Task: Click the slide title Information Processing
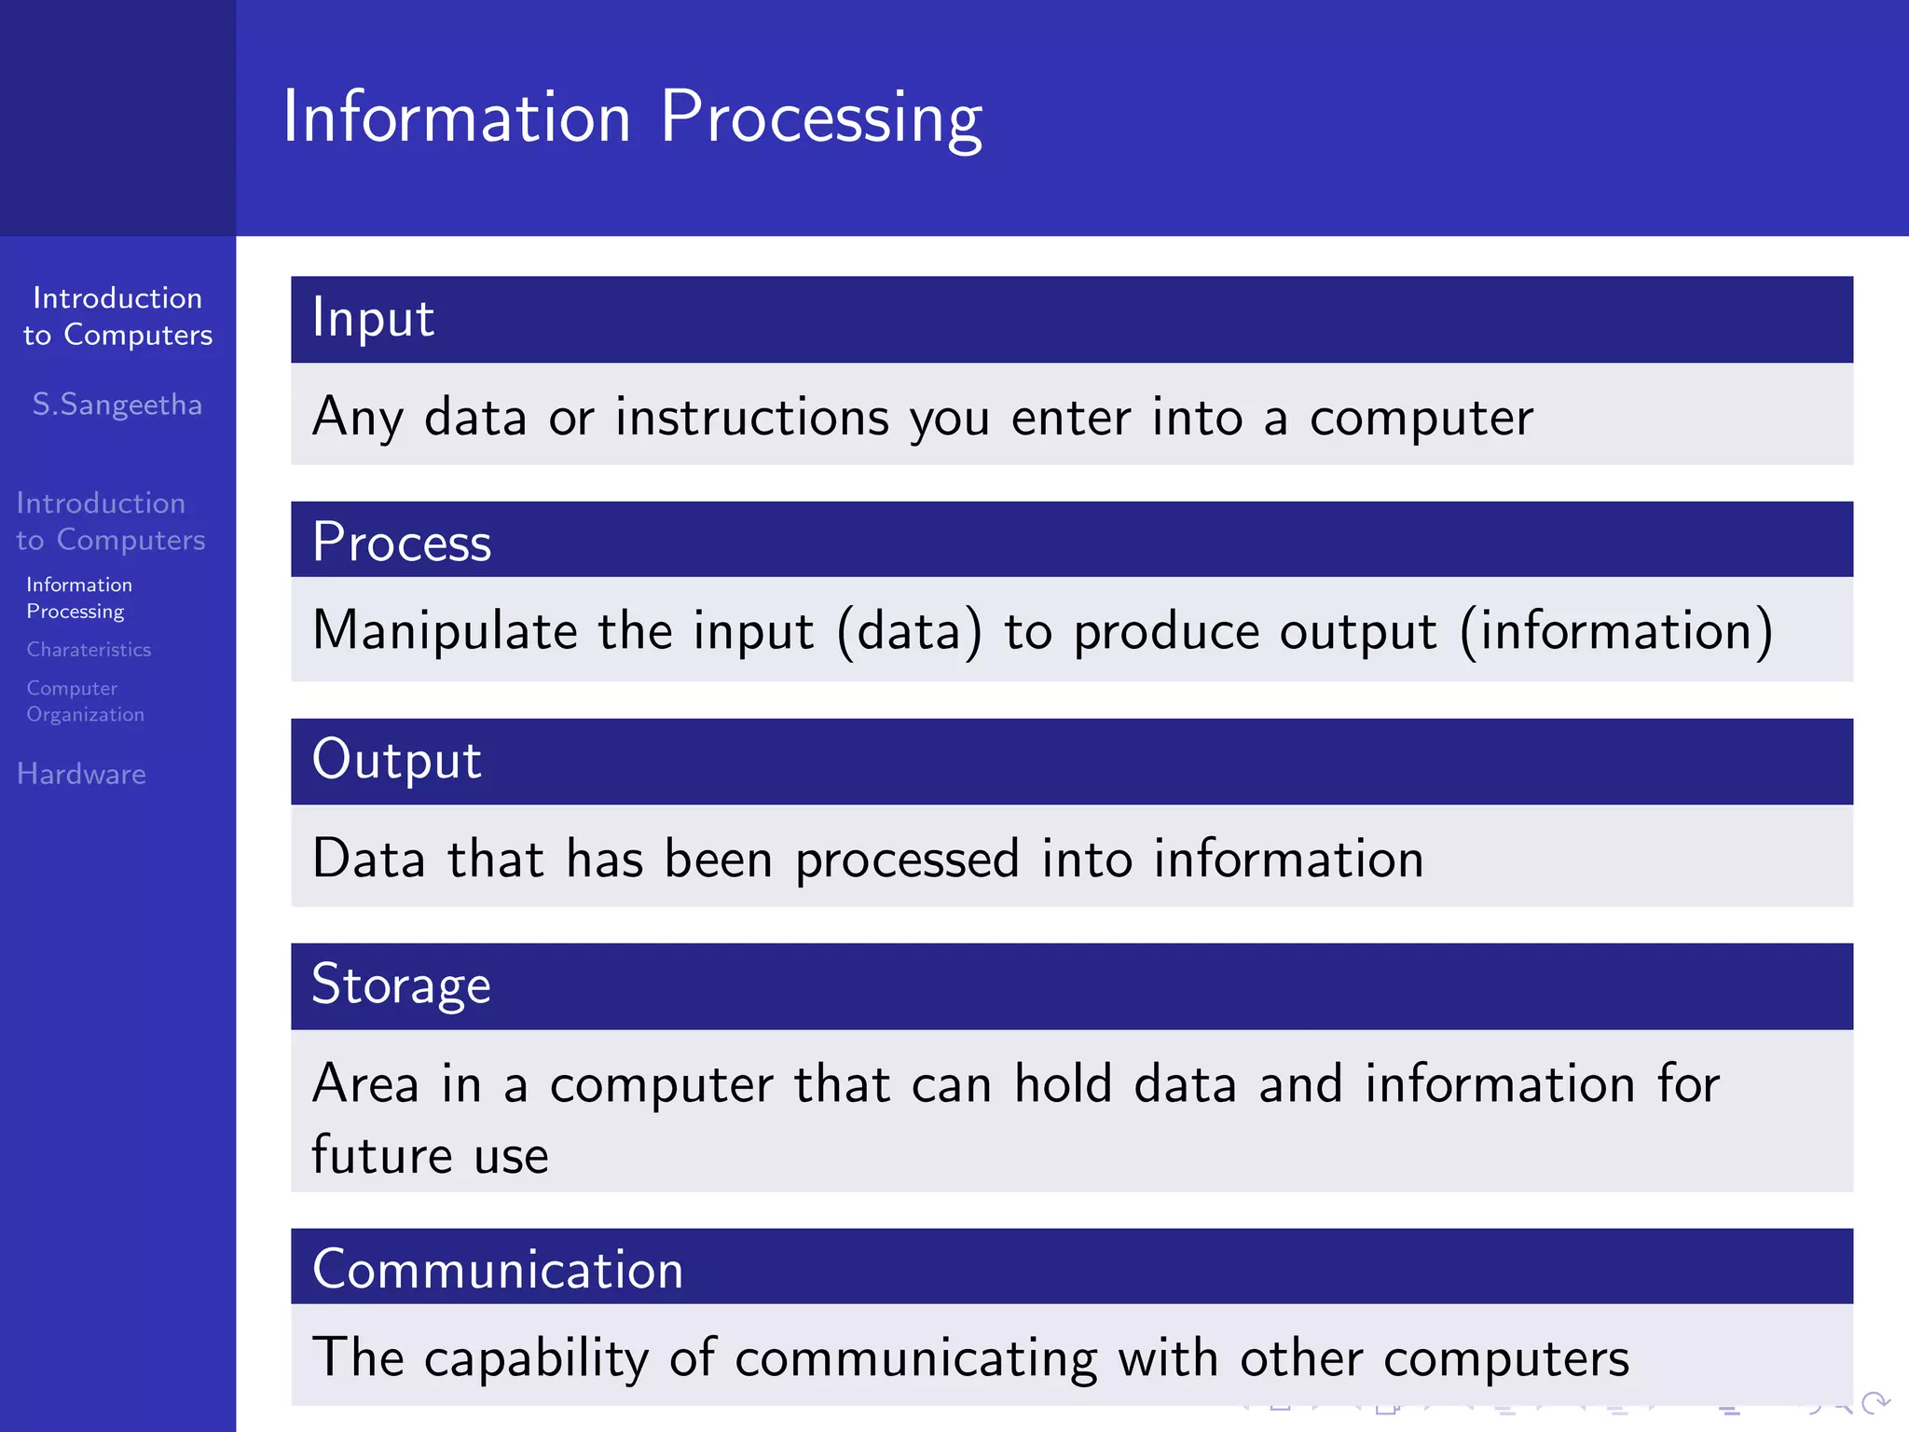coord(632,117)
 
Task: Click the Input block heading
coord(373,319)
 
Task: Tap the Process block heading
coord(401,543)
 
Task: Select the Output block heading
coord(396,760)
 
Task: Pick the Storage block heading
coord(401,985)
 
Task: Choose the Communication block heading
coord(498,1269)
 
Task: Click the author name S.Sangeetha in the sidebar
coord(117,405)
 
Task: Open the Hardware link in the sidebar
coord(81,774)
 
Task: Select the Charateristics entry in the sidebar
coord(89,649)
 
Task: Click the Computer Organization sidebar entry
coord(85,701)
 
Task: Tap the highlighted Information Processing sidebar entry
coord(79,598)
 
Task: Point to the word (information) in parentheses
coord(1615,631)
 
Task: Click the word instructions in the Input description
coord(751,417)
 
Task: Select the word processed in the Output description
coord(906,859)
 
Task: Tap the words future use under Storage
coord(430,1155)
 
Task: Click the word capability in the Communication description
coord(535,1358)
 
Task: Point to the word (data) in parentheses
coord(909,631)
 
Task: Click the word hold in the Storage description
coord(1063,1083)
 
